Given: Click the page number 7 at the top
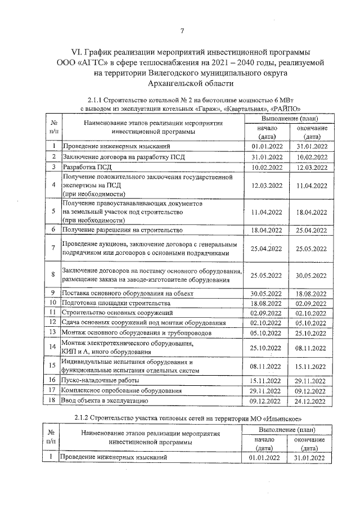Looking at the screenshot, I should point(182,30).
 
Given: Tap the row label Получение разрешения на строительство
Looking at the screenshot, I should point(122,230).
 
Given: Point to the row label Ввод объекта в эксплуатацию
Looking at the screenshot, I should point(105,401).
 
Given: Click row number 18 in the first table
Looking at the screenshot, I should point(52,401).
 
